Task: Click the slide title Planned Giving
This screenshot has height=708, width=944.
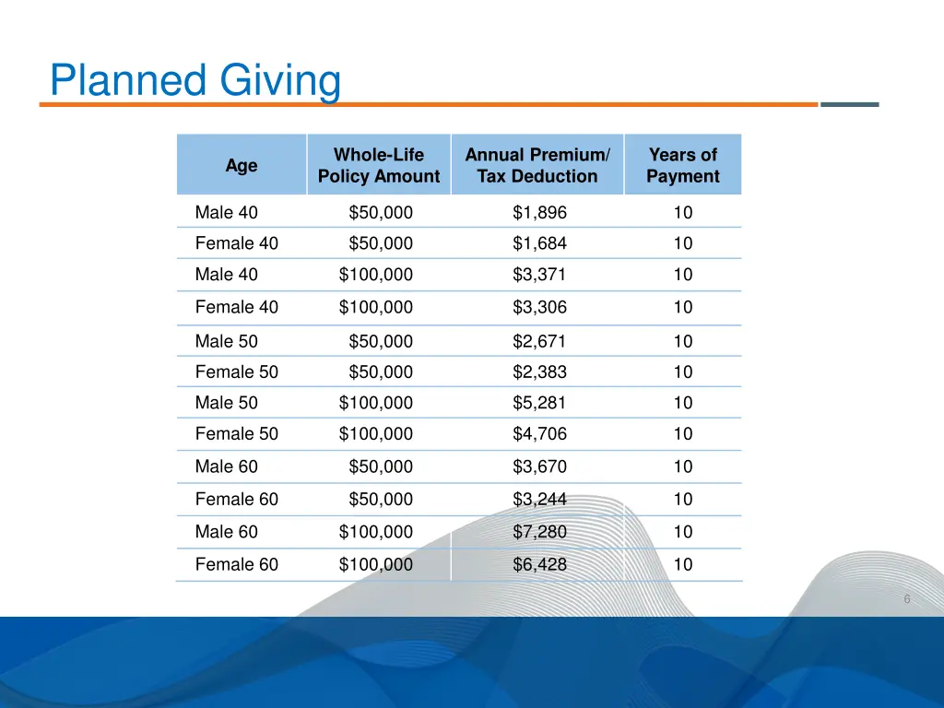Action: pyautogui.click(x=195, y=81)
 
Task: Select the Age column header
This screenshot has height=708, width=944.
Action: pyautogui.click(x=242, y=166)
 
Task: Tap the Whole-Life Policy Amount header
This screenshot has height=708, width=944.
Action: pyautogui.click(x=379, y=166)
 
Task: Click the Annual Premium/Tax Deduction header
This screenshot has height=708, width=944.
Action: pyautogui.click(x=537, y=166)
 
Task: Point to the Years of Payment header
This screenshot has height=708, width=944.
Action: pyautogui.click(x=682, y=166)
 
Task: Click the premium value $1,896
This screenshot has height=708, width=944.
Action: pyautogui.click(x=540, y=213)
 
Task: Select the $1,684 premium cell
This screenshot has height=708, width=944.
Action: pyautogui.click(x=540, y=243)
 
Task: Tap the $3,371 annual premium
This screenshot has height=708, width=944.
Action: pyautogui.click(x=540, y=275)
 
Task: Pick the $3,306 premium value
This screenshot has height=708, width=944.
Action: pyautogui.click(x=540, y=307)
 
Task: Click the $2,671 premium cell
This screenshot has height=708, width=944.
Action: pyautogui.click(x=540, y=341)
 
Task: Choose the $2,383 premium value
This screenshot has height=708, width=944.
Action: pyautogui.click(x=540, y=372)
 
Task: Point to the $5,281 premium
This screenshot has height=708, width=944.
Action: pyautogui.click(x=540, y=403)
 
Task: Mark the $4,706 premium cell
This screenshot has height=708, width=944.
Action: pyautogui.click(x=540, y=434)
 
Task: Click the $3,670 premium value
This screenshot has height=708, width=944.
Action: pyautogui.click(x=540, y=466)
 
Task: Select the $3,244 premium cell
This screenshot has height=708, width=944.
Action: pyautogui.click(x=540, y=500)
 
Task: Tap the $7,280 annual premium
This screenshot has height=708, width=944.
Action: pyautogui.click(x=540, y=532)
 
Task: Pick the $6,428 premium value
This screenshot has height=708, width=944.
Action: pyautogui.click(x=540, y=564)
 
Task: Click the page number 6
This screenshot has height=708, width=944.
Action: pyautogui.click(x=907, y=599)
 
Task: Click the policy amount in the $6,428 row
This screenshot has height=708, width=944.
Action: pyautogui.click(x=376, y=564)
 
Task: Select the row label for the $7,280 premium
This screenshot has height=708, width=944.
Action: pyautogui.click(x=227, y=532)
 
